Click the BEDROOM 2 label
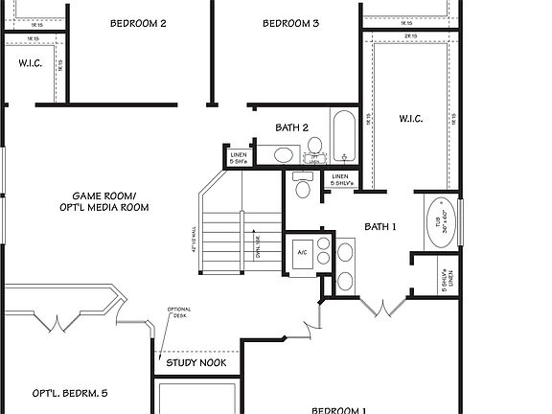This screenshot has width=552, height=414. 138,23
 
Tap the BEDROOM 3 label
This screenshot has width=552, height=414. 290,23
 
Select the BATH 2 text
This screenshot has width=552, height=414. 291,127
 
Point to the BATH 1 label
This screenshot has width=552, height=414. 379,227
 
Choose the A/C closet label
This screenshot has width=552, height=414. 302,252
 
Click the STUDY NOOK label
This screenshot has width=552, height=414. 196,363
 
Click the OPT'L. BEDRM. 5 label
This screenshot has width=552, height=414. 70,393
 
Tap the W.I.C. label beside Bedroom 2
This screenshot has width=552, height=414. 29,63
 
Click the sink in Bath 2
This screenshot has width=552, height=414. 284,153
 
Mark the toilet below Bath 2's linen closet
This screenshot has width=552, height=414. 304,187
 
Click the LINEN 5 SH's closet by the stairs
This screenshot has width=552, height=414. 239,158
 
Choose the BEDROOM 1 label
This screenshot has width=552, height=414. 338,409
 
